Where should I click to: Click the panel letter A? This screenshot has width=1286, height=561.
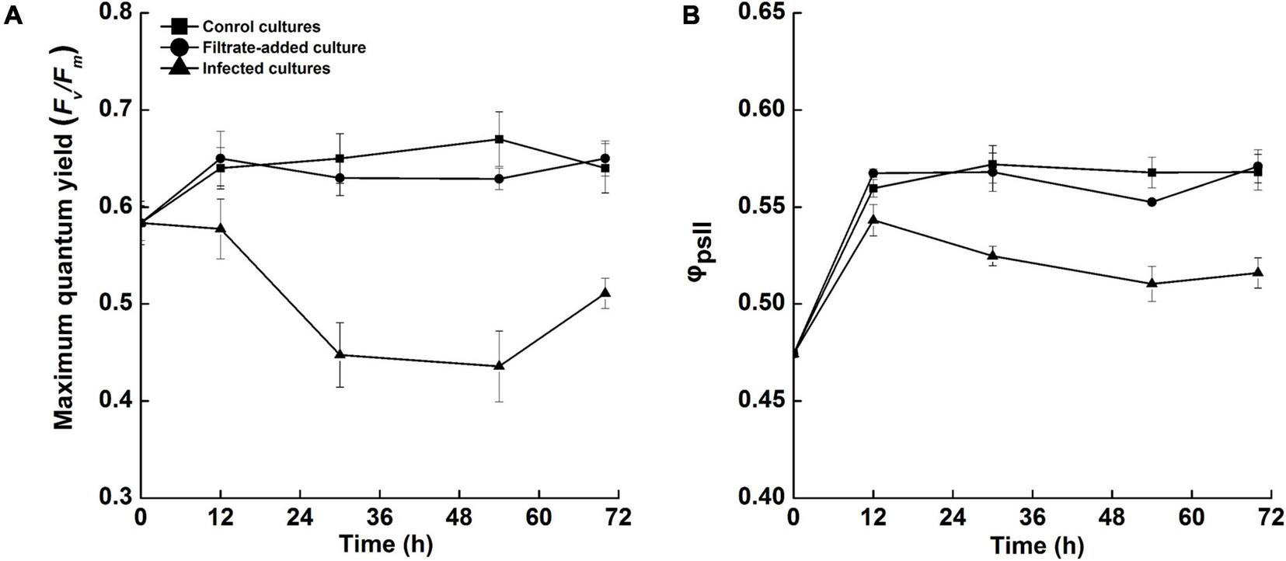pos(13,16)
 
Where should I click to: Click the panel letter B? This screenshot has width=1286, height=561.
pos(690,16)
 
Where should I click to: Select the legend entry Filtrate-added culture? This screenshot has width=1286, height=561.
pos(284,47)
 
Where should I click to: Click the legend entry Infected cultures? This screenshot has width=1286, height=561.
pos(266,68)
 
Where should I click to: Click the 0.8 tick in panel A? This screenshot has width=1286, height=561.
pos(113,14)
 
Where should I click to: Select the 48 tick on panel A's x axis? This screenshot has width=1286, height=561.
pos(459,516)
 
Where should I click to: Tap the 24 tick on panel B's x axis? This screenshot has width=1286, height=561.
pos(953,516)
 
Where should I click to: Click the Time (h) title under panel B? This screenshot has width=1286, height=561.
pos(1037,545)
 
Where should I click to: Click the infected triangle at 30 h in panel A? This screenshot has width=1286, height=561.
pos(340,354)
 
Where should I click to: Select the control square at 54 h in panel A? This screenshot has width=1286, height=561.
pos(500,139)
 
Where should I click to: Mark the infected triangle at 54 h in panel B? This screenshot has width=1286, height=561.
pos(1152,283)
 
